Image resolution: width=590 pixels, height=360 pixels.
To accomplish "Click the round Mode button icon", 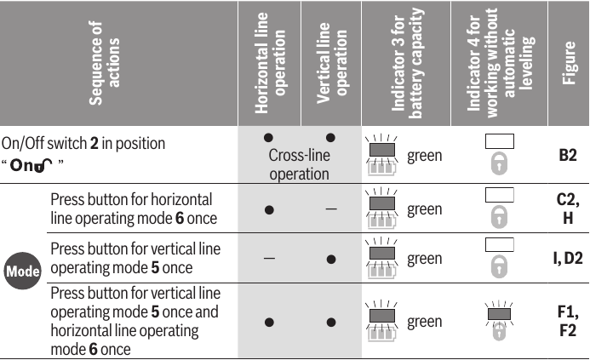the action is pyautogui.click(x=23, y=271).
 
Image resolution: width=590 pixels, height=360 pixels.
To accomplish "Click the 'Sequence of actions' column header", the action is pyautogui.click(x=104, y=63).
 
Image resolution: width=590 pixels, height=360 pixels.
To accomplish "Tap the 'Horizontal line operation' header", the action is pyautogui.click(x=270, y=63).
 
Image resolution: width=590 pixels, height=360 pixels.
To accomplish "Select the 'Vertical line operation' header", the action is pyautogui.click(x=331, y=63).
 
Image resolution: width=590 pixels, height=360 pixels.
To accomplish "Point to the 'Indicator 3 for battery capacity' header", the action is pyautogui.click(x=408, y=63).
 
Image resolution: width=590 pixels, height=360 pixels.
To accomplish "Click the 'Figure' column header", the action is pyautogui.click(x=569, y=63).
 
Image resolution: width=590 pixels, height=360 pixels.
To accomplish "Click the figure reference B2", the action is pyautogui.click(x=568, y=155).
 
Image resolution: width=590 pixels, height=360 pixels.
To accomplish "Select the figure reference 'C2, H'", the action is pyautogui.click(x=568, y=209).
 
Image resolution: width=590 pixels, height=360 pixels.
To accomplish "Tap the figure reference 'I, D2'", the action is pyautogui.click(x=568, y=258).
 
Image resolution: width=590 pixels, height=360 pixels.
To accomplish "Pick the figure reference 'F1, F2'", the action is pyautogui.click(x=568, y=321).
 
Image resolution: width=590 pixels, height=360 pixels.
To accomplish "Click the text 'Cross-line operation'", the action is pyautogui.click(x=300, y=164).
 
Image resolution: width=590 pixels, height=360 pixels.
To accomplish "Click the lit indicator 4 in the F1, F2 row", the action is pyautogui.click(x=499, y=314).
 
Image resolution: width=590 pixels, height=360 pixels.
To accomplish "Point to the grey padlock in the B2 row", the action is pyautogui.click(x=499, y=163).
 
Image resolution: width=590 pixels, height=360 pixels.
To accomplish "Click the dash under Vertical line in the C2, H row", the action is pyautogui.click(x=331, y=209).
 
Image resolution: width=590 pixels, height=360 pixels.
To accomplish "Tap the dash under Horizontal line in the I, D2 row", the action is pyautogui.click(x=269, y=259).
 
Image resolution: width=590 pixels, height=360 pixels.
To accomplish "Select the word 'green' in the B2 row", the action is pyautogui.click(x=425, y=156).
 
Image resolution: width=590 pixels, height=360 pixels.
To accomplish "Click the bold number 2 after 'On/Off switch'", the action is pyautogui.click(x=94, y=143).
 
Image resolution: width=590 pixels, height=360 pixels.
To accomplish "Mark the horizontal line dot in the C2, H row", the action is pyautogui.click(x=269, y=209).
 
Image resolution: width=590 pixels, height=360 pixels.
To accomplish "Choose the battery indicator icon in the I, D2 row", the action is pyautogui.click(x=382, y=259).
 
